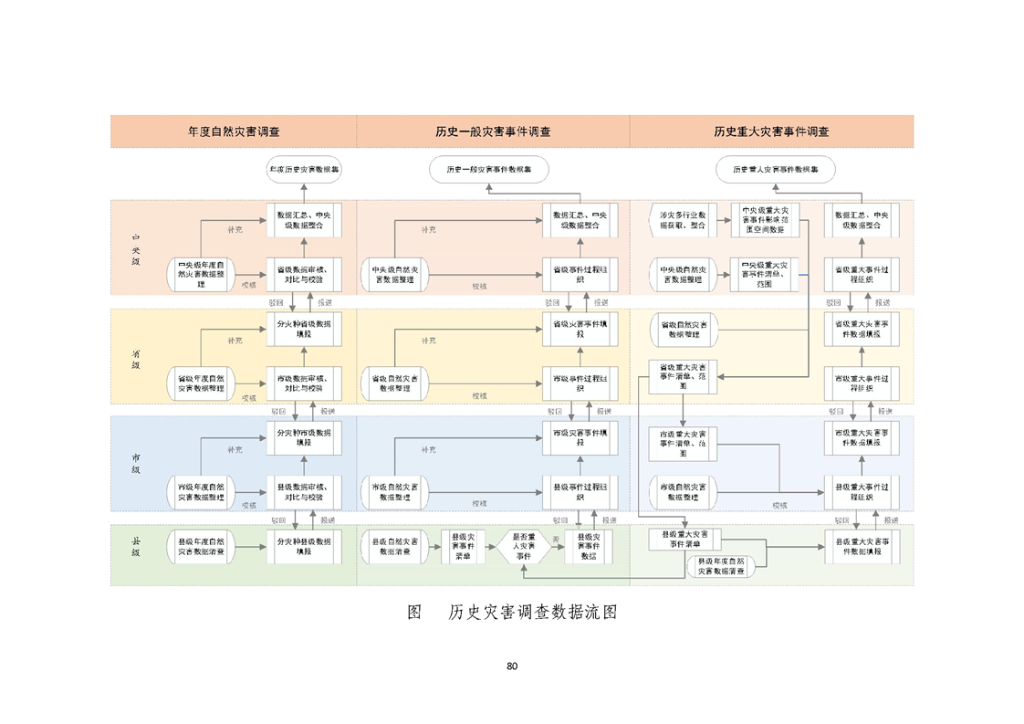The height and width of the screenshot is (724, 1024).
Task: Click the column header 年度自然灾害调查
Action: point(234,131)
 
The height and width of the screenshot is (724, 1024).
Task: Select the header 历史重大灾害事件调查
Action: point(771,131)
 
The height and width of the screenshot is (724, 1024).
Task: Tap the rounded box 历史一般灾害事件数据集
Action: point(488,169)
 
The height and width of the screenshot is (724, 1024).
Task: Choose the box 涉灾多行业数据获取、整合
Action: point(683,219)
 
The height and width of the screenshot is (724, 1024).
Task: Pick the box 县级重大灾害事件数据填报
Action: point(862,547)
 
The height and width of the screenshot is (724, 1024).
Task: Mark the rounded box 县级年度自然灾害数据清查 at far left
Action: point(202,548)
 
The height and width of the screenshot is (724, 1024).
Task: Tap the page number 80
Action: point(512,666)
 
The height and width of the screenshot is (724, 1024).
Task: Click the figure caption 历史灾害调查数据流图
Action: point(532,612)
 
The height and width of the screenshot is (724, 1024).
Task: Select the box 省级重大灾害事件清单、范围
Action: point(684,374)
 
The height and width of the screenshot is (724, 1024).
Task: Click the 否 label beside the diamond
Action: point(556,540)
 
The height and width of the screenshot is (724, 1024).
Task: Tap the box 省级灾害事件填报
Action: point(580,328)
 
